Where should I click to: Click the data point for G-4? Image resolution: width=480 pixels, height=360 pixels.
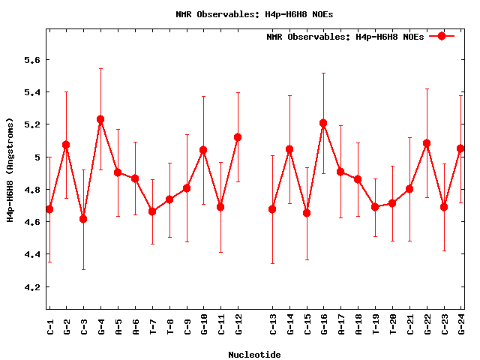pyautogui.click(x=100, y=119)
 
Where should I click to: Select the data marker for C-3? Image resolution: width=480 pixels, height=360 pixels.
pyautogui.click(x=83, y=219)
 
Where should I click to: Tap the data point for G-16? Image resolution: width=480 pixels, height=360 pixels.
pyautogui.click(x=323, y=123)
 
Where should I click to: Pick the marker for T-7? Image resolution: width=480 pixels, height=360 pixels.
pyautogui.click(x=152, y=211)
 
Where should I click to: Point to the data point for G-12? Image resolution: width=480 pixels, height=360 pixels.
pyautogui.click(x=238, y=137)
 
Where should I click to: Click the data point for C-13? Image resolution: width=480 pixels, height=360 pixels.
pyautogui.click(x=272, y=209)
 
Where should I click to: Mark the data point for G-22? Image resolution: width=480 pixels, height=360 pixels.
pyautogui.click(x=427, y=143)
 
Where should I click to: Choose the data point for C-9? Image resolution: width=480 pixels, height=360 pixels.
pyautogui.click(x=187, y=188)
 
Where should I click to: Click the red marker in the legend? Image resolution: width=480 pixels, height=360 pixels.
pyautogui.click(x=442, y=36)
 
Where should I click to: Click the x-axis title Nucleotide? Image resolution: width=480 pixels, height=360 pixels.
pyautogui.click(x=254, y=355)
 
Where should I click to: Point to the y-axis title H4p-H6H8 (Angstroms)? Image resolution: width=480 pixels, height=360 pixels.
pyautogui.click(x=10, y=169)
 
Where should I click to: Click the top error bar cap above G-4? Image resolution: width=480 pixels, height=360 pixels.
pyautogui.click(x=100, y=68)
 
